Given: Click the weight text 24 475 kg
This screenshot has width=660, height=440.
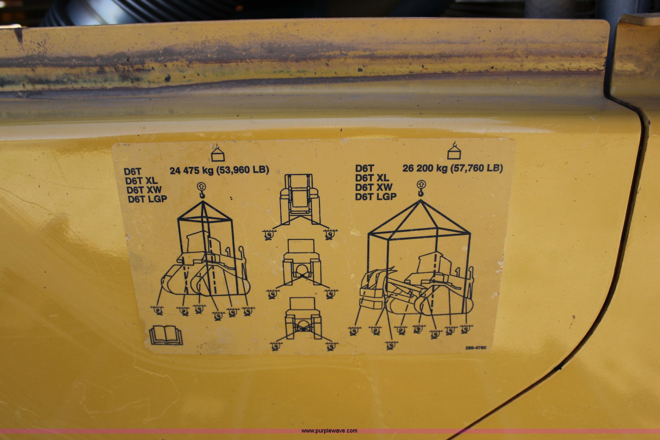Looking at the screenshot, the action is tap(191, 170).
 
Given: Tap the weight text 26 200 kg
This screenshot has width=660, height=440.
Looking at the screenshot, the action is tap(424, 168).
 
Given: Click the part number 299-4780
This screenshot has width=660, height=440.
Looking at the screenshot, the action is tap(476, 348).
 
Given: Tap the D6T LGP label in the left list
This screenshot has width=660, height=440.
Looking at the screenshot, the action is tap(148, 199).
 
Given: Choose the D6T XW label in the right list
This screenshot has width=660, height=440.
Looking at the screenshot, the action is tap(374, 187).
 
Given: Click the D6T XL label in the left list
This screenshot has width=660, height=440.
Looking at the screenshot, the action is tap(141, 180).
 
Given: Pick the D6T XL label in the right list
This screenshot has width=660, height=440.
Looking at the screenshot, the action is tap(372, 178).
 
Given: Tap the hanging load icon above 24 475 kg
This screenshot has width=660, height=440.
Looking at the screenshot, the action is tap(218, 152).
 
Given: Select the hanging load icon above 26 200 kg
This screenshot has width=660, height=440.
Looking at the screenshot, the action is tap(454, 151).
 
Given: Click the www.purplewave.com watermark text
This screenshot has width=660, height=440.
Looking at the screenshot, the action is tap(329, 431).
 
